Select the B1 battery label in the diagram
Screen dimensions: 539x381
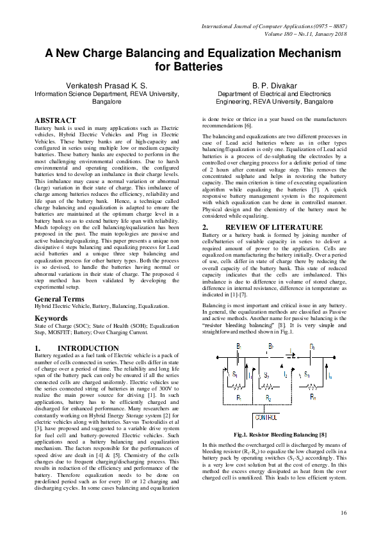coord(238,346)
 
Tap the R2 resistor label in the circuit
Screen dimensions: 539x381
coord(268,398)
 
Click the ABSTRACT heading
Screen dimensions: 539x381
coord(55,120)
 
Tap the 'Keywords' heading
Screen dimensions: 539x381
coord(51,318)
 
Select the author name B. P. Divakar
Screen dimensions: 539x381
coord(274,85)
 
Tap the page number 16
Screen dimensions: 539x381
coord(343,512)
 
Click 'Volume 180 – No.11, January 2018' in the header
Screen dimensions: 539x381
coord(296,35)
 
